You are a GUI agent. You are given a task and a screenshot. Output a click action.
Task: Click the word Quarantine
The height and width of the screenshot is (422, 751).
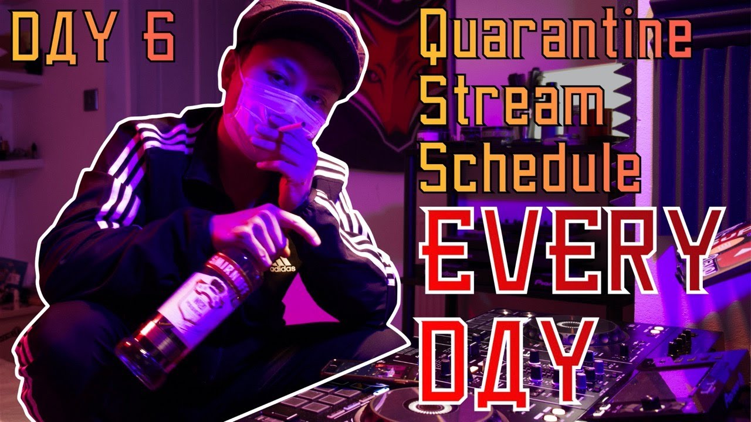[x=554, y=39]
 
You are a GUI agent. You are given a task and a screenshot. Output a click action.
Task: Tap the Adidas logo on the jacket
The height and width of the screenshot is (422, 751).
[x=282, y=266]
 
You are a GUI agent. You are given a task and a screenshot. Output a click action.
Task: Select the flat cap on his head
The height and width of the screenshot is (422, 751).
[x=305, y=38]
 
